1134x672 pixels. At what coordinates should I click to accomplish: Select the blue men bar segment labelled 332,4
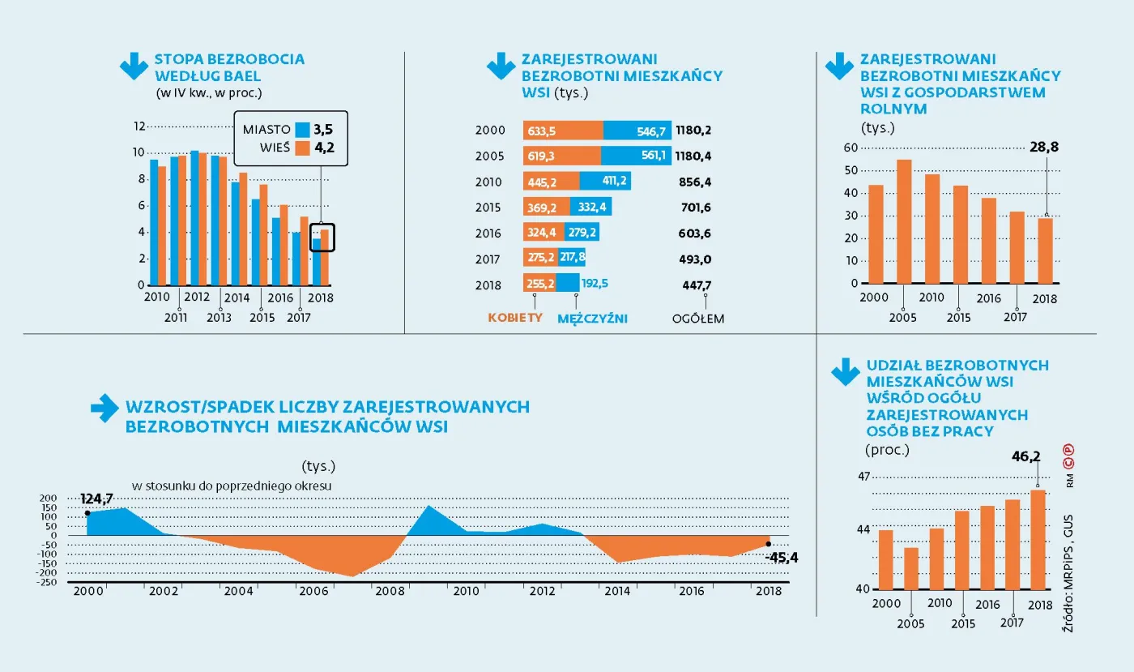(x=591, y=208)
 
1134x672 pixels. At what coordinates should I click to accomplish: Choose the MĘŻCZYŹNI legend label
(x=592, y=319)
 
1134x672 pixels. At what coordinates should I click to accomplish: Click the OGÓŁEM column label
(x=698, y=319)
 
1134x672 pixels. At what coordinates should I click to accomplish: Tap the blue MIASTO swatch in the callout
(x=303, y=129)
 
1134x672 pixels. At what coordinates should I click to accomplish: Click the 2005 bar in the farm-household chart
(x=904, y=221)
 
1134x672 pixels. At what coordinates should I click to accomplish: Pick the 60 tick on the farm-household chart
(x=850, y=148)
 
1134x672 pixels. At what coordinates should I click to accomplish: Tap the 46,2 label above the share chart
(x=1025, y=456)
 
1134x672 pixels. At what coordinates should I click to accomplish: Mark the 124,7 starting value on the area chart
(x=96, y=496)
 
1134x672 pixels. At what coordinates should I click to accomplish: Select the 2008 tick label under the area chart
(x=390, y=591)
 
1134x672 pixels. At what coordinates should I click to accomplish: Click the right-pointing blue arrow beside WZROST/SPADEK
(x=104, y=409)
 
